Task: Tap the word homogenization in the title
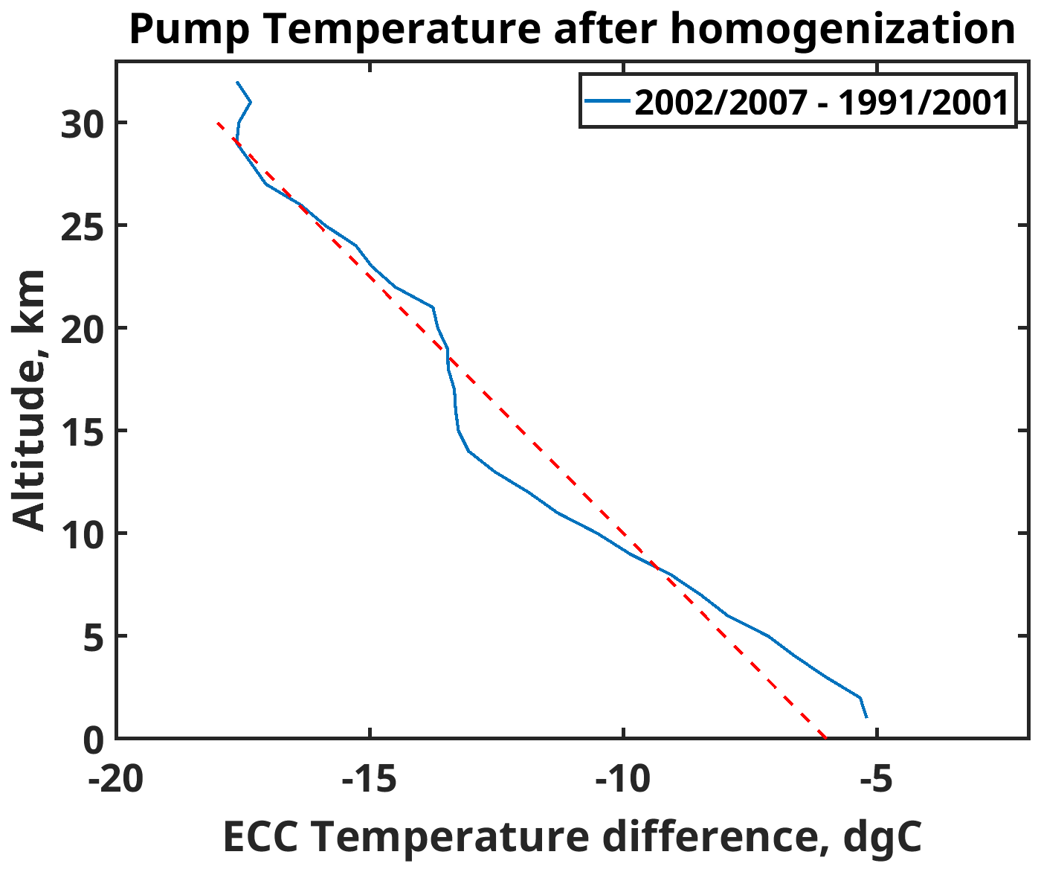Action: point(842,30)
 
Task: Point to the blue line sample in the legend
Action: point(607,100)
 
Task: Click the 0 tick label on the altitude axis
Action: point(92,740)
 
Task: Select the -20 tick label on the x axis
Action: point(116,779)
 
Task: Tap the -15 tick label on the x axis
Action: point(370,779)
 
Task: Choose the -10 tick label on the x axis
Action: point(623,779)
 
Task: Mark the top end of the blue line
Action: point(237,83)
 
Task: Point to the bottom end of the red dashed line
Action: point(825,737)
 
